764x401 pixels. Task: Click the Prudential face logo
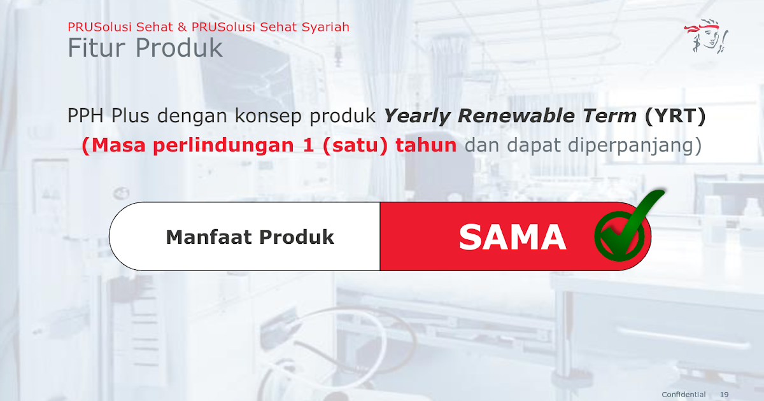point(707,38)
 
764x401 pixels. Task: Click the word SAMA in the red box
point(512,237)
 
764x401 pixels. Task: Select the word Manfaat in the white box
point(209,237)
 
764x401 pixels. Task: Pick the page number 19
point(725,395)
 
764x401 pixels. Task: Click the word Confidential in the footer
point(684,395)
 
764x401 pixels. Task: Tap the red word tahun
point(426,146)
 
